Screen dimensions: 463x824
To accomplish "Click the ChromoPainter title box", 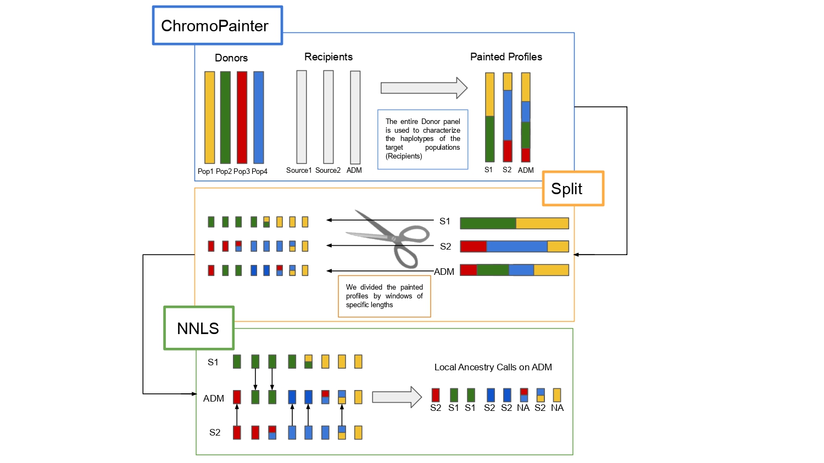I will click(217, 25).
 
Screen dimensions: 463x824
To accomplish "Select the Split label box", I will click(573, 188).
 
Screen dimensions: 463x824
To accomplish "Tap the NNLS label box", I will click(198, 328).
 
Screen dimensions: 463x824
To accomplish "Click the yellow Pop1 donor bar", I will click(209, 117).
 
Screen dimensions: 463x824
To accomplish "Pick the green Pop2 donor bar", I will click(225, 117).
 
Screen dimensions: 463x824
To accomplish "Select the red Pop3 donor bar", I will click(242, 117).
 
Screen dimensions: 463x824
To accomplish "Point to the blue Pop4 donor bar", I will click(258, 117).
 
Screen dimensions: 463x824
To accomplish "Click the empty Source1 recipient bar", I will click(302, 117).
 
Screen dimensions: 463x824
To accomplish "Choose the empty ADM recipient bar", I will click(355, 117).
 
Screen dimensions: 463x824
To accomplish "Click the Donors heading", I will click(231, 58).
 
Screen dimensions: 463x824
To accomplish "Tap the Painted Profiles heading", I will click(506, 57).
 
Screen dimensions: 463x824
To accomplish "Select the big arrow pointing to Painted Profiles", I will click(424, 88).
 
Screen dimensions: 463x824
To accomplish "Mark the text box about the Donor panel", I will click(422, 139).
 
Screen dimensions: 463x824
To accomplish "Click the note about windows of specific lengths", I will click(384, 296).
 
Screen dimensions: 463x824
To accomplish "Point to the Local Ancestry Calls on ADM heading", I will click(493, 367).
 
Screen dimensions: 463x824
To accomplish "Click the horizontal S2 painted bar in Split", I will click(514, 246).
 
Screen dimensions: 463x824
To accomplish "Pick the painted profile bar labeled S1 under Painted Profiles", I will click(489, 117).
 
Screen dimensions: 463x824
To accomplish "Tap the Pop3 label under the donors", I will click(242, 171).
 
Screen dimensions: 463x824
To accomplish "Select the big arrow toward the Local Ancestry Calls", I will click(397, 397).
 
